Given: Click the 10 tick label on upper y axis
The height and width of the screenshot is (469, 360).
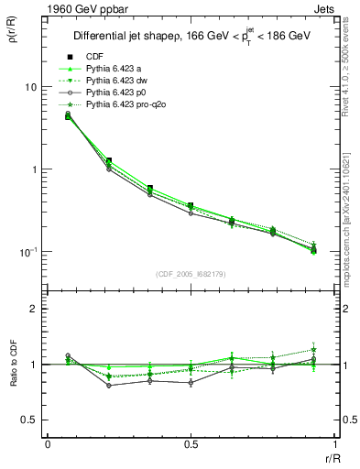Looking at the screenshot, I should pyautogui.click(x=30, y=87).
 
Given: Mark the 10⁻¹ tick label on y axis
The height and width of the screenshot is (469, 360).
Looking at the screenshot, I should pyautogui.click(x=27, y=252).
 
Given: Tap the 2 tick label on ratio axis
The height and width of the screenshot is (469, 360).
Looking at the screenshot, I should pyautogui.click(x=34, y=309).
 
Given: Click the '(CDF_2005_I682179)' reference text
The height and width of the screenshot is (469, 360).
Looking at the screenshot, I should pyautogui.click(x=191, y=275).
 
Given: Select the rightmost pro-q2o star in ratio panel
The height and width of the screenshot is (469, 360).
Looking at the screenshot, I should pyautogui.click(x=313, y=349).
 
